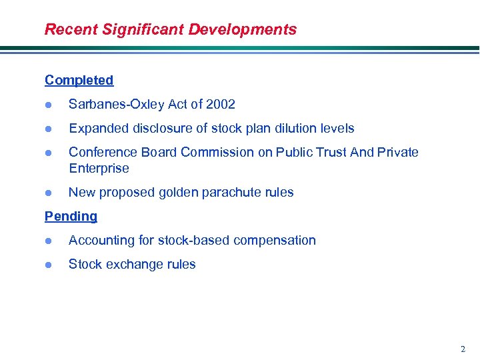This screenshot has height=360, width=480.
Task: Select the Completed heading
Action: click(79, 80)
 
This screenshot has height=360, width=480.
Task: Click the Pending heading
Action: click(71, 216)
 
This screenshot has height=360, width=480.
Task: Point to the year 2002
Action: click(221, 104)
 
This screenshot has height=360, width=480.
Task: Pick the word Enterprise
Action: click(99, 168)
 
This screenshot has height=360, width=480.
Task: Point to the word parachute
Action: click(219, 192)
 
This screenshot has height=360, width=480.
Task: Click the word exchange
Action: click(133, 264)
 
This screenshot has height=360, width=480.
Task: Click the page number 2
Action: click(463, 349)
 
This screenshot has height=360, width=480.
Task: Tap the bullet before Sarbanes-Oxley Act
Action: click(48, 105)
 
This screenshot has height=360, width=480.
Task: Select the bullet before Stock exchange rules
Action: click(48, 265)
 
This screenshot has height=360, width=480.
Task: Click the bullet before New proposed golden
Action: click(48, 193)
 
